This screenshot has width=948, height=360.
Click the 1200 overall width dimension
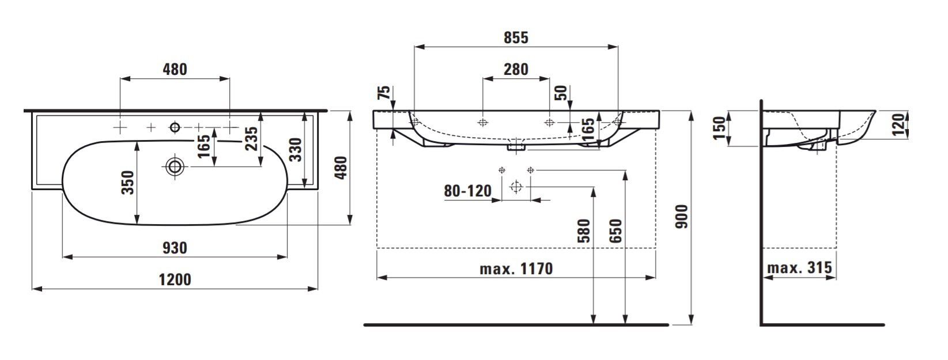[x=175, y=279]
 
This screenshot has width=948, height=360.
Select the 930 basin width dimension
[x=175, y=248]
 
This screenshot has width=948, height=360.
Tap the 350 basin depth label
[x=127, y=183]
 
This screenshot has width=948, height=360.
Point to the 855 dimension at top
[x=516, y=37]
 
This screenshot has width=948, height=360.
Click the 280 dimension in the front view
[x=516, y=69]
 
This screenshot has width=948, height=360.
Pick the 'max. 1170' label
[x=516, y=268]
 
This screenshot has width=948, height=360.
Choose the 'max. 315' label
[x=799, y=267]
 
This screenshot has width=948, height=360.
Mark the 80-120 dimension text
[x=467, y=191]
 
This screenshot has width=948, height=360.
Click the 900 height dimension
[x=681, y=217]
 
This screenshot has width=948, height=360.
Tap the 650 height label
[x=616, y=230]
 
